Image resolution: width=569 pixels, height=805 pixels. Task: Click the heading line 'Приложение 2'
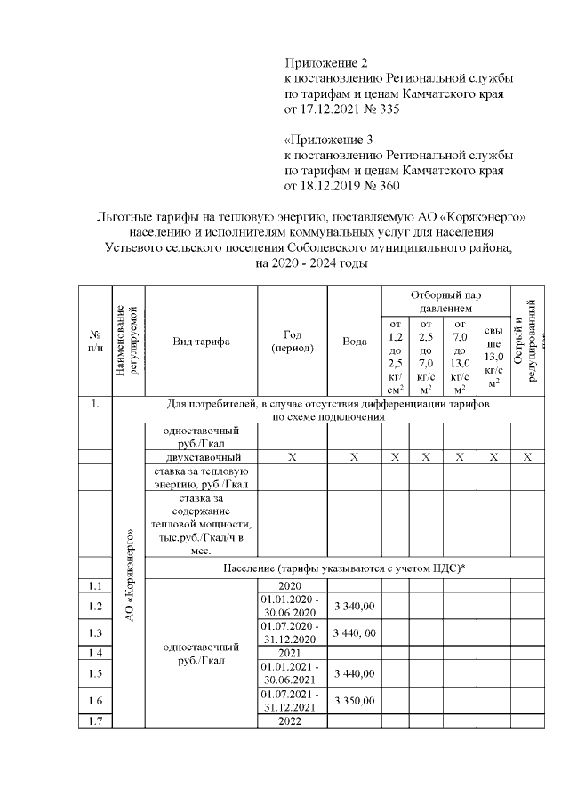click(x=325, y=62)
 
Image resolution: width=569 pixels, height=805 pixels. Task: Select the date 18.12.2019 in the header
click(x=334, y=187)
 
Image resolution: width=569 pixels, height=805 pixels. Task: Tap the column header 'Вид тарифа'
click(x=201, y=342)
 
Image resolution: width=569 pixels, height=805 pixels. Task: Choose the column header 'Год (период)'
click(x=293, y=342)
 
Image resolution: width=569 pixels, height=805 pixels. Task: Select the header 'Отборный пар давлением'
click(x=445, y=301)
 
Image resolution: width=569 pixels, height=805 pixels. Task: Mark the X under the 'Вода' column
click(x=355, y=457)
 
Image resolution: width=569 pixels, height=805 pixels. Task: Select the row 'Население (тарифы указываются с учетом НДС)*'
click(x=340, y=567)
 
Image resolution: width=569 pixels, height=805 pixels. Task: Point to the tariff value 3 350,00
click(x=355, y=702)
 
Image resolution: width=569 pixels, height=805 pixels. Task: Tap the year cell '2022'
click(x=293, y=721)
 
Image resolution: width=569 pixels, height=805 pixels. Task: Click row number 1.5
click(x=95, y=673)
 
